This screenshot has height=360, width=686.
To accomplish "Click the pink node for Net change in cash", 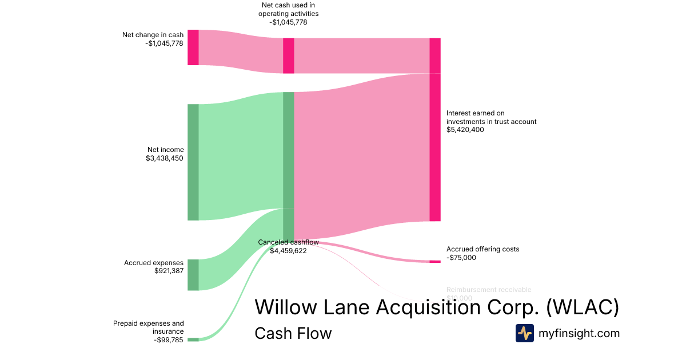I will tap(193, 47).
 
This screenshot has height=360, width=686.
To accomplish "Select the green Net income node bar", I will tap(193, 162).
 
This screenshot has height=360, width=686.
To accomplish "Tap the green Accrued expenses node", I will tap(193, 275).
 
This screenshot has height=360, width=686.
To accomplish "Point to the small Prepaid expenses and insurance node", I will tap(193, 339).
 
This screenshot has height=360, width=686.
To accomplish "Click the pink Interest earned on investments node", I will tap(435, 147).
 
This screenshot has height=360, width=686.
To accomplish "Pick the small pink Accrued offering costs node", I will tap(435, 261).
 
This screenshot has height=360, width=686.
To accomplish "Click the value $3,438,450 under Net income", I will tap(165, 158).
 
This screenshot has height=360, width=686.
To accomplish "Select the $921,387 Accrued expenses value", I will tap(169, 271).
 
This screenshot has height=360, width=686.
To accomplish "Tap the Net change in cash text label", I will tap(153, 35).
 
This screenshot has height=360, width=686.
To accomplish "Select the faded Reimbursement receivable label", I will tap(489, 290).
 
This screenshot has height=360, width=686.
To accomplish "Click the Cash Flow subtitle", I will tap(293, 333).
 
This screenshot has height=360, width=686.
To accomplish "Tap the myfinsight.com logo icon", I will tap(524, 333).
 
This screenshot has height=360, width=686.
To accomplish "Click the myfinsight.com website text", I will tap(579, 333).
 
